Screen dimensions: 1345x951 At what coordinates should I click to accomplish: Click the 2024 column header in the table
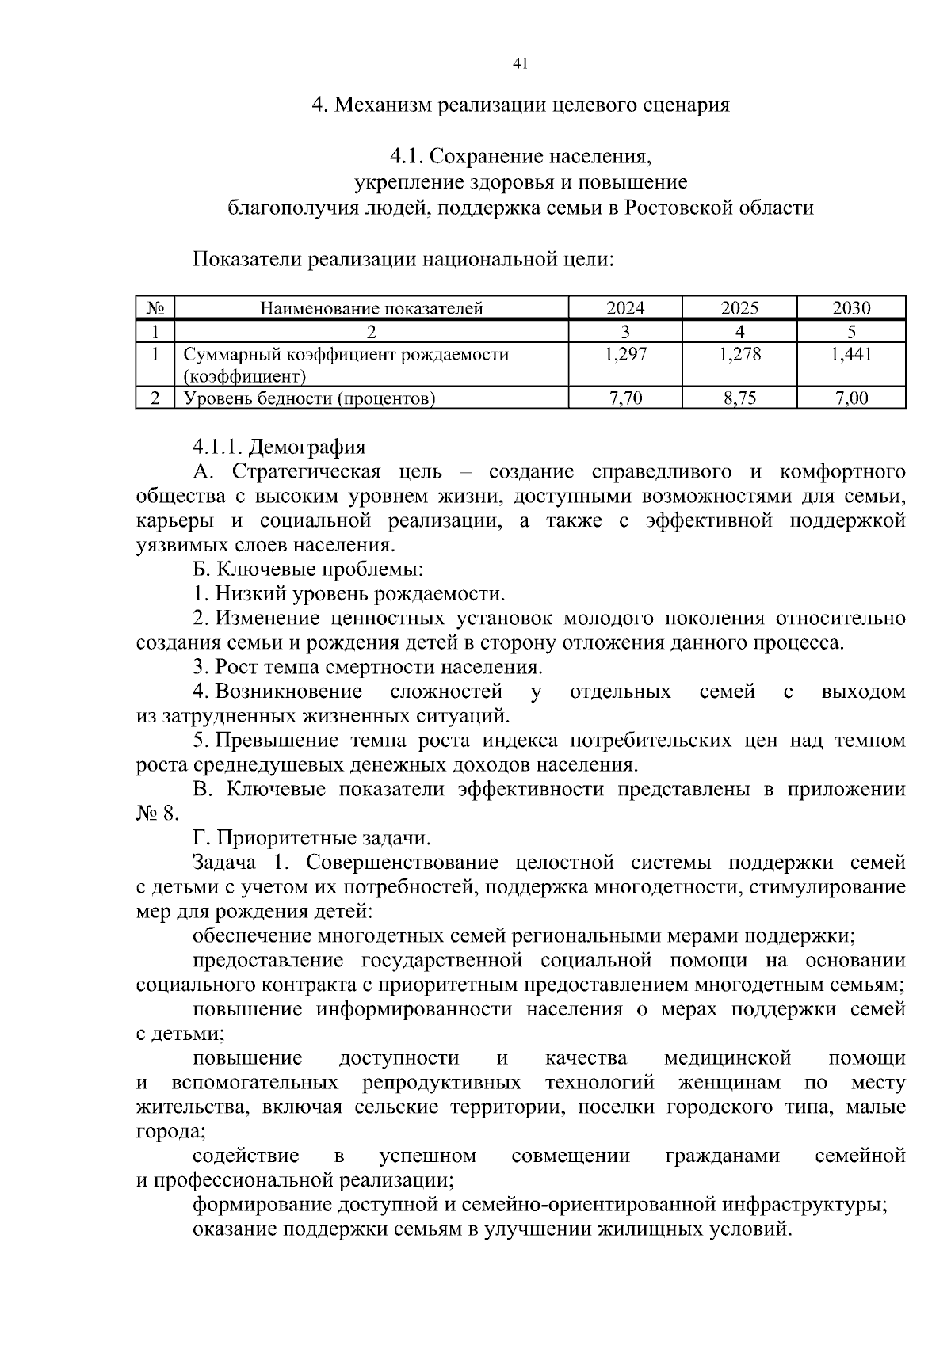(x=625, y=308)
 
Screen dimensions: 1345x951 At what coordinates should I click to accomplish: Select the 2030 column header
(x=851, y=308)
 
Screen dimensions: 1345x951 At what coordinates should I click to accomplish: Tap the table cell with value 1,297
(x=625, y=355)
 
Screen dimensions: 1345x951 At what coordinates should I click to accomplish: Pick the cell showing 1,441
(x=851, y=355)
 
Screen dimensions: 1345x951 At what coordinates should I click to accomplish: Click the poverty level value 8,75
(x=739, y=398)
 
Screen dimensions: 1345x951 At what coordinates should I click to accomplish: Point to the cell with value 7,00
(x=851, y=398)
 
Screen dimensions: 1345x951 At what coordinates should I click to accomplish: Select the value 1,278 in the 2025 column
(x=739, y=355)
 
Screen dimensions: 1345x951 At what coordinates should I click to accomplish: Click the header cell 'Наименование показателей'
(x=372, y=308)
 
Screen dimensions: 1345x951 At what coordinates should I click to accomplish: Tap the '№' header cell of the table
(x=155, y=308)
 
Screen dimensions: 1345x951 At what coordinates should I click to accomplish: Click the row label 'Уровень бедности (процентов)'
(x=310, y=398)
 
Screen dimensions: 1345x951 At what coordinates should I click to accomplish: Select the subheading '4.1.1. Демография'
(x=278, y=448)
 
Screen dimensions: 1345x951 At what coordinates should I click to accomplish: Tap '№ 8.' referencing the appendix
(x=158, y=813)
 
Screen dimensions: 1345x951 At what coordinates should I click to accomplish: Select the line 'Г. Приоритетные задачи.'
(x=311, y=838)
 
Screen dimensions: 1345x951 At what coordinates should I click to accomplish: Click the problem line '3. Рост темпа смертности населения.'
(x=368, y=668)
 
